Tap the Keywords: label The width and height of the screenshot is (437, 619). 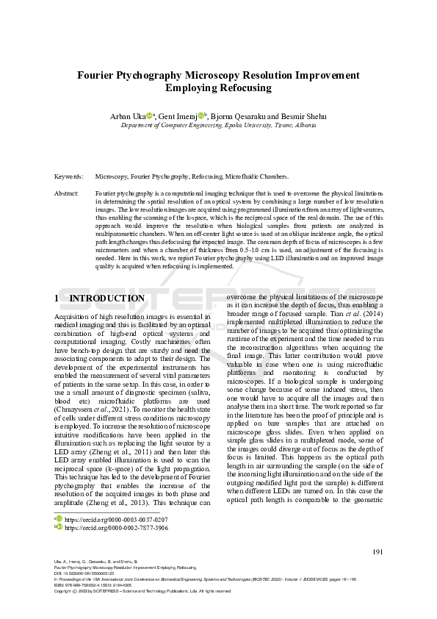tap(68, 177)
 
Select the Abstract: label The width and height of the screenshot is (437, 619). tap(67, 193)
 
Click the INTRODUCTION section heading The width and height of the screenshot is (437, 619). tap(106, 298)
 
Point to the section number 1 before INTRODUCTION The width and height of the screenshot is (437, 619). tap(57, 298)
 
